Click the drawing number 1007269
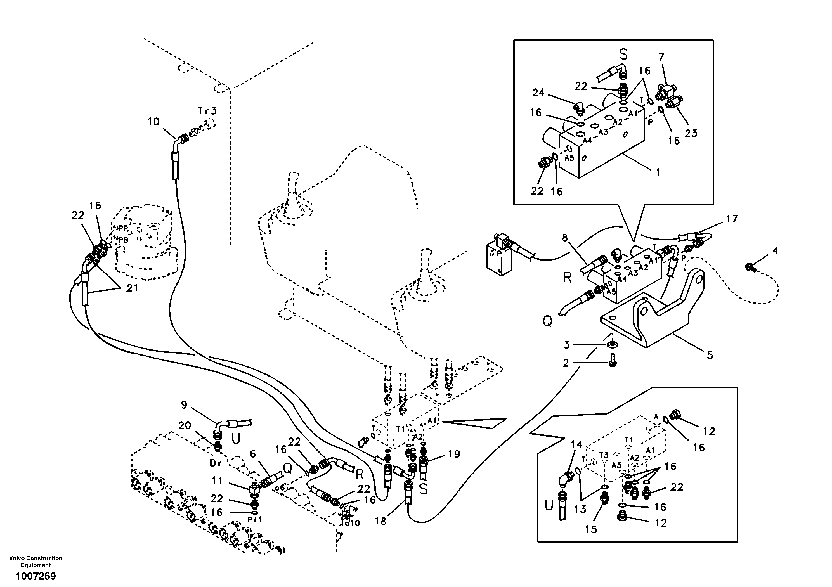click(x=36, y=576)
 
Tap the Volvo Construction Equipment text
click(x=36, y=562)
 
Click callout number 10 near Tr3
click(x=154, y=122)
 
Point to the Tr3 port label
click(x=207, y=110)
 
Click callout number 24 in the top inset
click(x=538, y=93)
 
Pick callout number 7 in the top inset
click(x=661, y=57)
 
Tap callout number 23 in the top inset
click(x=691, y=133)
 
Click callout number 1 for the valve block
click(x=658, y=172)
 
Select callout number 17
click(x=732, y=219)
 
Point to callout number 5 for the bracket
click(x=710, y=355)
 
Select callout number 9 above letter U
click(x=184, y=405)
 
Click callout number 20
click(x=185, y=425)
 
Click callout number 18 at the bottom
click(x=381, y=521)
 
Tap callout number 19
click(x=454, y=454)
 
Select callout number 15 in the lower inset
click(x=591, y=529)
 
